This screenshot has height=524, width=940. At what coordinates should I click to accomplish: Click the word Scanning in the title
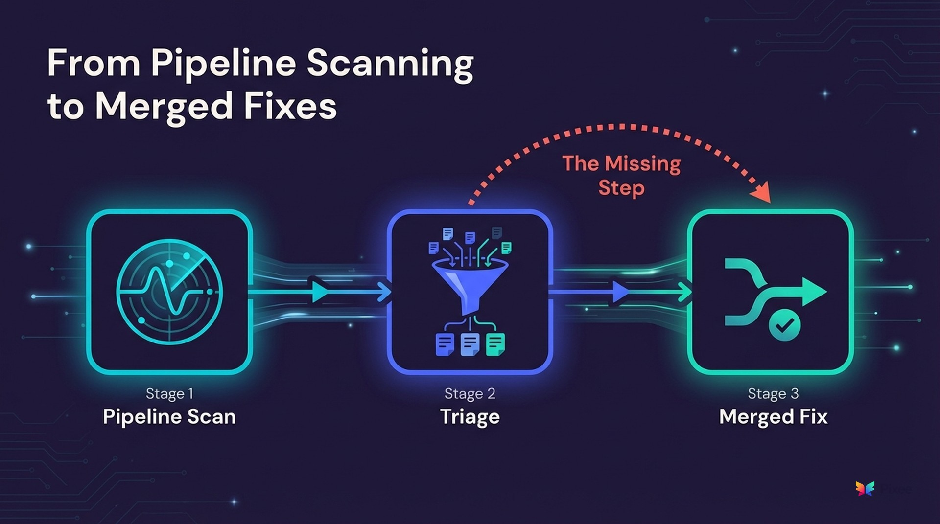click(x=390, y=64)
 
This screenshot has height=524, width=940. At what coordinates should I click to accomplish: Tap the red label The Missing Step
click(x=621, y=175)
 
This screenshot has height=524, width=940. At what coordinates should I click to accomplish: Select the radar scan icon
click(x=169, y=292)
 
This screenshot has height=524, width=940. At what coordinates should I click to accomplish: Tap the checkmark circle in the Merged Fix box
click(x=784, y=325)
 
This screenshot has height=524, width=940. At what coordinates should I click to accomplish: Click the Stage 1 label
click(x=169, y=393)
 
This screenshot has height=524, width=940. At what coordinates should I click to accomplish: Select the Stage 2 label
click(x=470, y=393)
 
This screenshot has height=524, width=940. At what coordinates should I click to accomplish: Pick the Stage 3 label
click(x=773, y=393)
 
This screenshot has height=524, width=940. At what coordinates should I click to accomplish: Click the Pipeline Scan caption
click(x=169, y=417)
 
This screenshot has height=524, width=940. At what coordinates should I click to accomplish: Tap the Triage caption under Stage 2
click(x=470, y=417)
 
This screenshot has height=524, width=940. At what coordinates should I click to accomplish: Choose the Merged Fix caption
click(x=773, y=417)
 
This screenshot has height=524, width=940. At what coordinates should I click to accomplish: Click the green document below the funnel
click(x=495, y=344)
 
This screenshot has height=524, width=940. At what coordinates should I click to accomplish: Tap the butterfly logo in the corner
click(x=865, y=488)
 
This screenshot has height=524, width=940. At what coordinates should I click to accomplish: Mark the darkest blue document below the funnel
click(x=445, y=344)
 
